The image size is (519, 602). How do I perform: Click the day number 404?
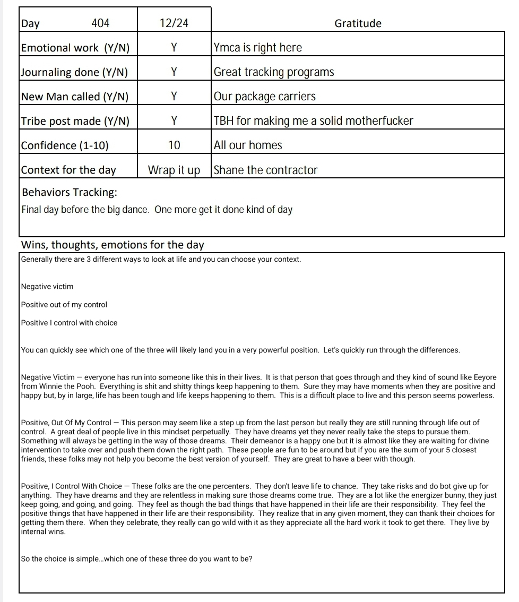pyautogui.click(x=100, y=23)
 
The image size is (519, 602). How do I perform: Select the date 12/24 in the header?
pyautogui.click(x=174, y=23)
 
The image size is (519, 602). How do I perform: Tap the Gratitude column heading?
pyautogui.click(x=358, y=23)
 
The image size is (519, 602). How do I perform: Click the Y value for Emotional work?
pyautogui.click(x=174, y=47)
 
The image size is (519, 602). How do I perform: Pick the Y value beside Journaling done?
pyautogui.click(x=174, y=72)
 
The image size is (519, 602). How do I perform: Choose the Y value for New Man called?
pyautogui.click(x=174, y=96)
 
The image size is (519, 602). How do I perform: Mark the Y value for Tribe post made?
pyautogui.click(x=174, y=121)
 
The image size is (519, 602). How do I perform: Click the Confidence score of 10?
pyautogui.click(x=174, y=145)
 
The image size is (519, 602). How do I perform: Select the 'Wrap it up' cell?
pyautogui.click(x=174, y=170)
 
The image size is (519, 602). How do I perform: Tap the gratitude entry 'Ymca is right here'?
pyautogui.click(x=257, y=47)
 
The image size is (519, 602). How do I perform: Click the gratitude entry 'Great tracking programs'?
pyautogui.click(x=274, y=72)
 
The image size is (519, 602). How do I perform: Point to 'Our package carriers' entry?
pyautogui.click(x=264, y=96)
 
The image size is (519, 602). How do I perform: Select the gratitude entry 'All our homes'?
pyautogui.click(x=248, y=145)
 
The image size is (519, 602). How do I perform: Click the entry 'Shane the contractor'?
pyautogui.click(x=265, y=170)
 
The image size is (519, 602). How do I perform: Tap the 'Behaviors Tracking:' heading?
pyautogui.click(x=70, y=192)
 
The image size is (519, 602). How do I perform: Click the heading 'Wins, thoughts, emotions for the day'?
pyautogui.click(x=113, y=245)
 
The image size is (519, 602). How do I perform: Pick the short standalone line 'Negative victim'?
pyautogui.click(x=47, y=287)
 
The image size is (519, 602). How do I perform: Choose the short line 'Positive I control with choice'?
pyautogui.click(x=69, y=323)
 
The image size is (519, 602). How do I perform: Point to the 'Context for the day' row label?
pyautogui.click(x=68, y=170)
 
